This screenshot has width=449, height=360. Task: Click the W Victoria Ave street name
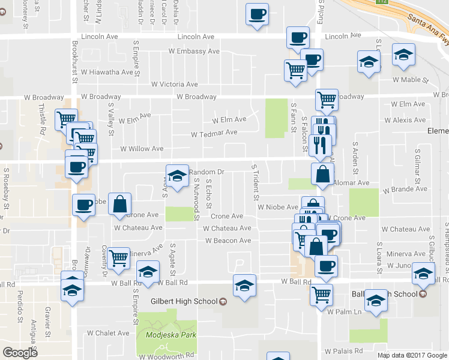coord(175,85)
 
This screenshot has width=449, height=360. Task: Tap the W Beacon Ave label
coord(228,241)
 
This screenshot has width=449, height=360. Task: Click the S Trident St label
coord(256,182)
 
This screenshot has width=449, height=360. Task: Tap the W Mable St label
coord(411,79)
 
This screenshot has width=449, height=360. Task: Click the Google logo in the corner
coord(20,353)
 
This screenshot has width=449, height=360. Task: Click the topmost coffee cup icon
coord(258,14)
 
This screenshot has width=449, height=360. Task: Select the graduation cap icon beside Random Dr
coord(177,176)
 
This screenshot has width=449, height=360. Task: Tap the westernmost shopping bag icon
coord(120,204)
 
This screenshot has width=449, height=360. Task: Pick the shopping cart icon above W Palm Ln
coord(322,294)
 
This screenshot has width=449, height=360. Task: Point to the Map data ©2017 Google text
coord(412,355)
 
